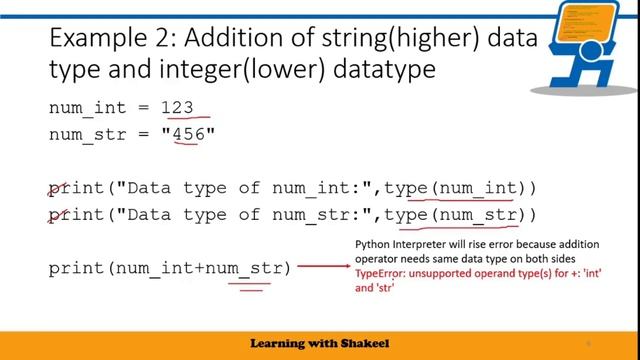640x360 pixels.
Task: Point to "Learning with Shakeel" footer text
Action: (319, 343)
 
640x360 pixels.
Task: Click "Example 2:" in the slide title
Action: (103, 39)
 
